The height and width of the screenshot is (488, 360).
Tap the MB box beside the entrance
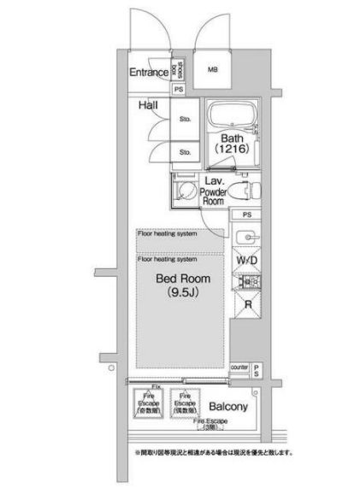210,71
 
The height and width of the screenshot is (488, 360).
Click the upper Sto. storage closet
184,120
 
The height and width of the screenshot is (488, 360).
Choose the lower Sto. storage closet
184,152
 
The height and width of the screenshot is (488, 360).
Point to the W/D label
246,259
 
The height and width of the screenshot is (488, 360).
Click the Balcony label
228,407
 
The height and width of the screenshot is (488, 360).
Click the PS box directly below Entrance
179,89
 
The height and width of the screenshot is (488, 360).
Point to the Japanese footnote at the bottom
212,452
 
